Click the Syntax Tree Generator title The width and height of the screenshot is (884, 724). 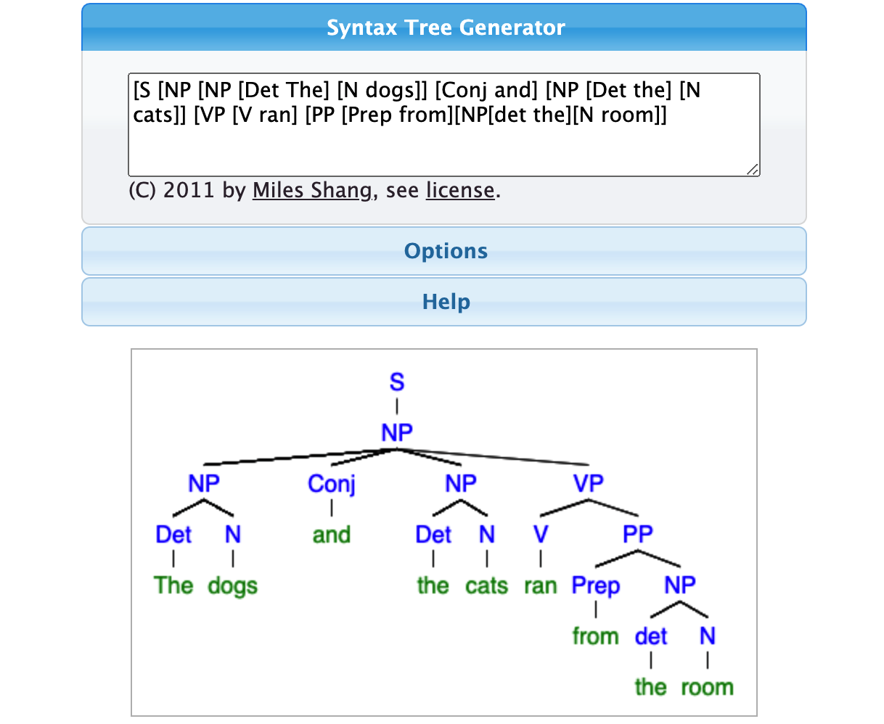click(x=446, y=28)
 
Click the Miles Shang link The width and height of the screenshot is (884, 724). click(x=312, y=190)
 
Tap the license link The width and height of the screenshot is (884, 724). click(x=460, y=190)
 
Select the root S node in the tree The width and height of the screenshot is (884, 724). click(x=397, y=382)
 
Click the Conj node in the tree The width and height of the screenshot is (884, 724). click(x=332, y=484)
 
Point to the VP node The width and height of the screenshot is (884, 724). click(x=589, y=483)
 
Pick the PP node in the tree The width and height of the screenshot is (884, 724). click(x=638, y=534)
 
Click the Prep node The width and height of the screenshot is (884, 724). click(x=596, y=585)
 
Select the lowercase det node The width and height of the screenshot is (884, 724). click(x=650, y=636)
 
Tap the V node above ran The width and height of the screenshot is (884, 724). click(x=541, y=534)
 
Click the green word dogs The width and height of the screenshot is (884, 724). click(x=233, y=585)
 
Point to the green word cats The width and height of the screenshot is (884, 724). click(x=487, y=585)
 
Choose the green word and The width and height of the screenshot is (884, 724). click(x=332, y=535)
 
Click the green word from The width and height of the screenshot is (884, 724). click(x=596, y=636)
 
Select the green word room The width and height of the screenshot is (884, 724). click(x=708, y=687)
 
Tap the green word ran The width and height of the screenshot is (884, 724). click(x=541, y=585)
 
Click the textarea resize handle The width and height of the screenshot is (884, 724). click(x=753, y=169)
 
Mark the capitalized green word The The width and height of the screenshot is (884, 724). click(x=173, y=585)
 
